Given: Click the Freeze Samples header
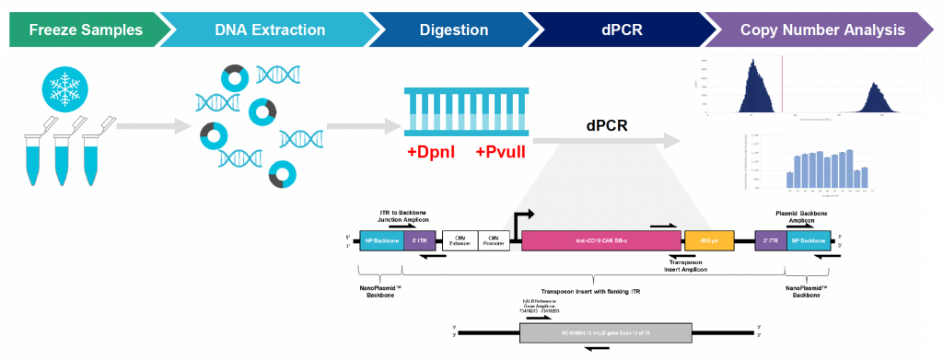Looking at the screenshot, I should pos(85,29).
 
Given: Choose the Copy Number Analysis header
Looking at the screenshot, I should pos(823,29).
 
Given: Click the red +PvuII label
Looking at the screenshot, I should pos(500,152).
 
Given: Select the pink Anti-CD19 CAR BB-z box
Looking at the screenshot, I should pos(600,241).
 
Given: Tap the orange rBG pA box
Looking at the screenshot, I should pos(708,241).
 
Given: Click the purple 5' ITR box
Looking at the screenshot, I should pos(420,241).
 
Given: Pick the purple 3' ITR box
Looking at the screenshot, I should pos(769,241).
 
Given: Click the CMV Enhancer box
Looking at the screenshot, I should pos(460,241).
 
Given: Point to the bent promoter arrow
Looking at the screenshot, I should pos(522,219).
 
